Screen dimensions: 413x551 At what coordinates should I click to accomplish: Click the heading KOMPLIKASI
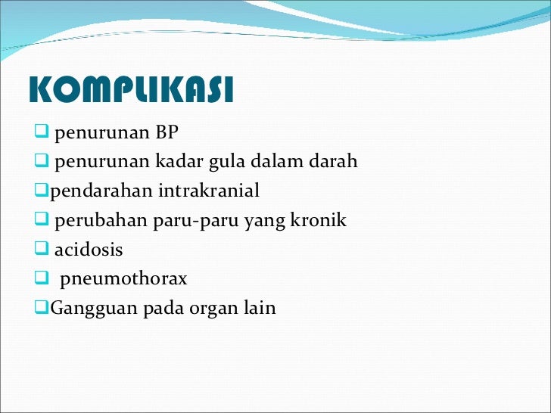pyautogui.click(x=130, y=91)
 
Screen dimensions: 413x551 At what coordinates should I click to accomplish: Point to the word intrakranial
pyautogui.click(x=209, y=191)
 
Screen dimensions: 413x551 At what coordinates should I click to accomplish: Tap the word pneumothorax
pyautogui.click(x=123, y=279)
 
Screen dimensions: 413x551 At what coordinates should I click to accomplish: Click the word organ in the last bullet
pyautogui.click(x=218, y=309)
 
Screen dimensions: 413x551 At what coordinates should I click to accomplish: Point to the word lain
pyautogui.click(x=261, y=308)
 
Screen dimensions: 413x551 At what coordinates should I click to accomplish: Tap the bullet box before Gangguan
pyautogui.click(x=42, y=307)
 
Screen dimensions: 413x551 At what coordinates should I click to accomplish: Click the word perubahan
pyautogui.click(x=92, y=221)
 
